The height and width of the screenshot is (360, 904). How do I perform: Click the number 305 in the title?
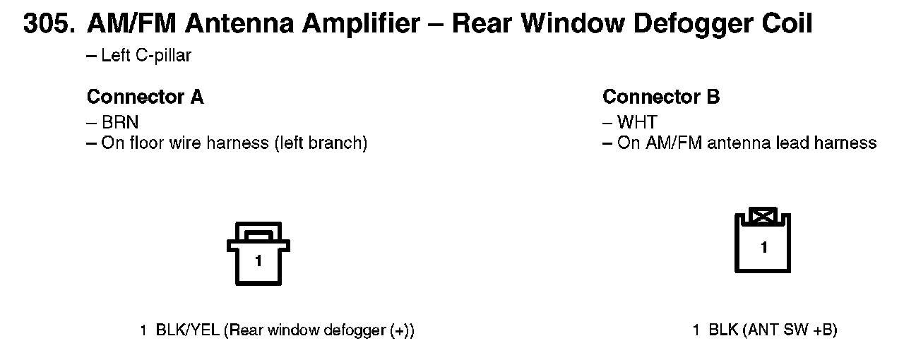[48, 25]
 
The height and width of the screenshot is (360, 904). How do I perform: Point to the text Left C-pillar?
[145, 56]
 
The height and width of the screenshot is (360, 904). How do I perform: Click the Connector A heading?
[145, 97]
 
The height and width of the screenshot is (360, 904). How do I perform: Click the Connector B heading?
[661, 97]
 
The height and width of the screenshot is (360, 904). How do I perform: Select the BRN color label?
[119, 122]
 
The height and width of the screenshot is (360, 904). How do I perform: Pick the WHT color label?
[636, 122]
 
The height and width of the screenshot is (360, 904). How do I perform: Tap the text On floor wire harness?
[234, 143]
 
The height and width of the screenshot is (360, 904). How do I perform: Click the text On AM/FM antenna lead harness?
[747, 143]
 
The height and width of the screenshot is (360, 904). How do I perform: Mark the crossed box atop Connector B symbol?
[763, 215]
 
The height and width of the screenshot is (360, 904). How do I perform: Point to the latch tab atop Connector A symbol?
[258, 232]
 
